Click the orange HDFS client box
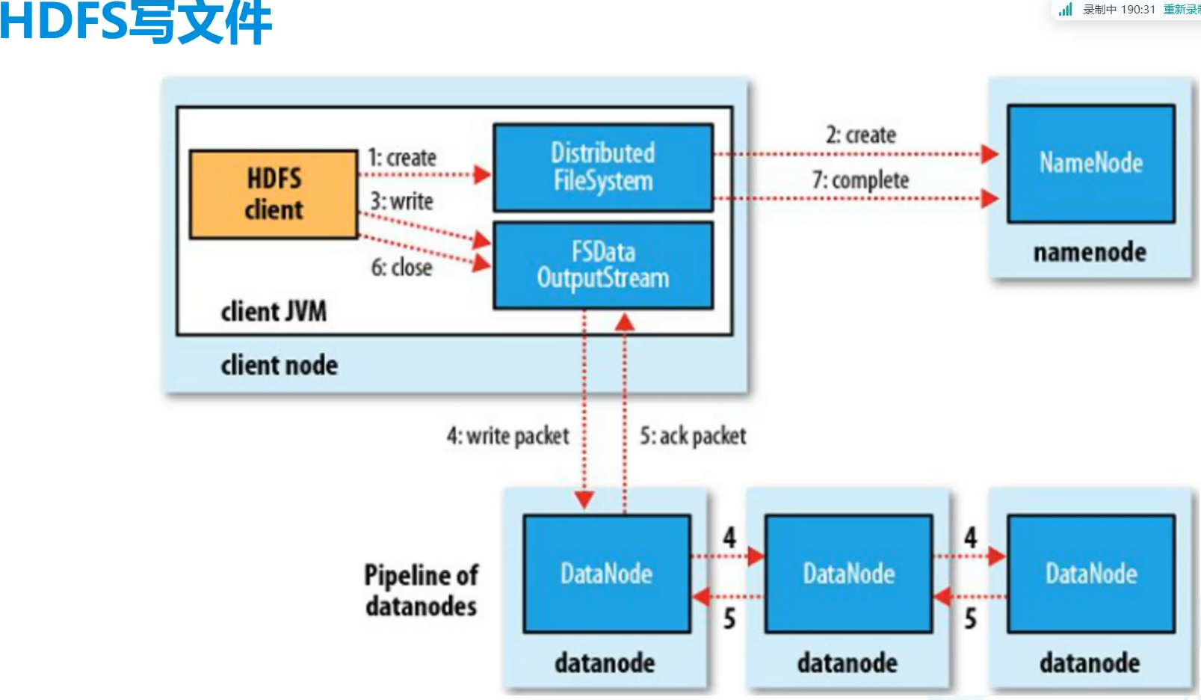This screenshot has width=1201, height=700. (274, 194)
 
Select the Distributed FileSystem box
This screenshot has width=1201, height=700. (603, 168)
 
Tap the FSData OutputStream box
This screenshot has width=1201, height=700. (603, 265)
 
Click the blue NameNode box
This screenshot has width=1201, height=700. (1090, 163)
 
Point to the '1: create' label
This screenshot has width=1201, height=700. (402, 158)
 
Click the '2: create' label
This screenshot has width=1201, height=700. (861, 135)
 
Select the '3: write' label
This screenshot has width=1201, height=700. (402, 201)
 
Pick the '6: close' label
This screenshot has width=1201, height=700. (402, 267)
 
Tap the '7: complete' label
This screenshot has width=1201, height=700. (861, 180)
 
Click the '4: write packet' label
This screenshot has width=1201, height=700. (508, 436)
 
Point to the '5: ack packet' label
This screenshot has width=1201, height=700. (693, 436)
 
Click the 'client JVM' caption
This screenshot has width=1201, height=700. (274, 311)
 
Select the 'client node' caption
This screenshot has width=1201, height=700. (279, 365)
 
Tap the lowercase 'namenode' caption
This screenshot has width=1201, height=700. (1090, 253)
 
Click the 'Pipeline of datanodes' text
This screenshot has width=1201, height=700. (421, 590)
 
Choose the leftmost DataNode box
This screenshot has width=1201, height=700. (606, 574)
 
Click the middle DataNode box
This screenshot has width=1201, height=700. (849, 574)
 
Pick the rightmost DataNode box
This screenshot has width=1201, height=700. (1091, 574)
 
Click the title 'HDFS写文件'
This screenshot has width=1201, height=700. (136, 22)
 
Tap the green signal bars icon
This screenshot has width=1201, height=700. (1066, 9)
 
